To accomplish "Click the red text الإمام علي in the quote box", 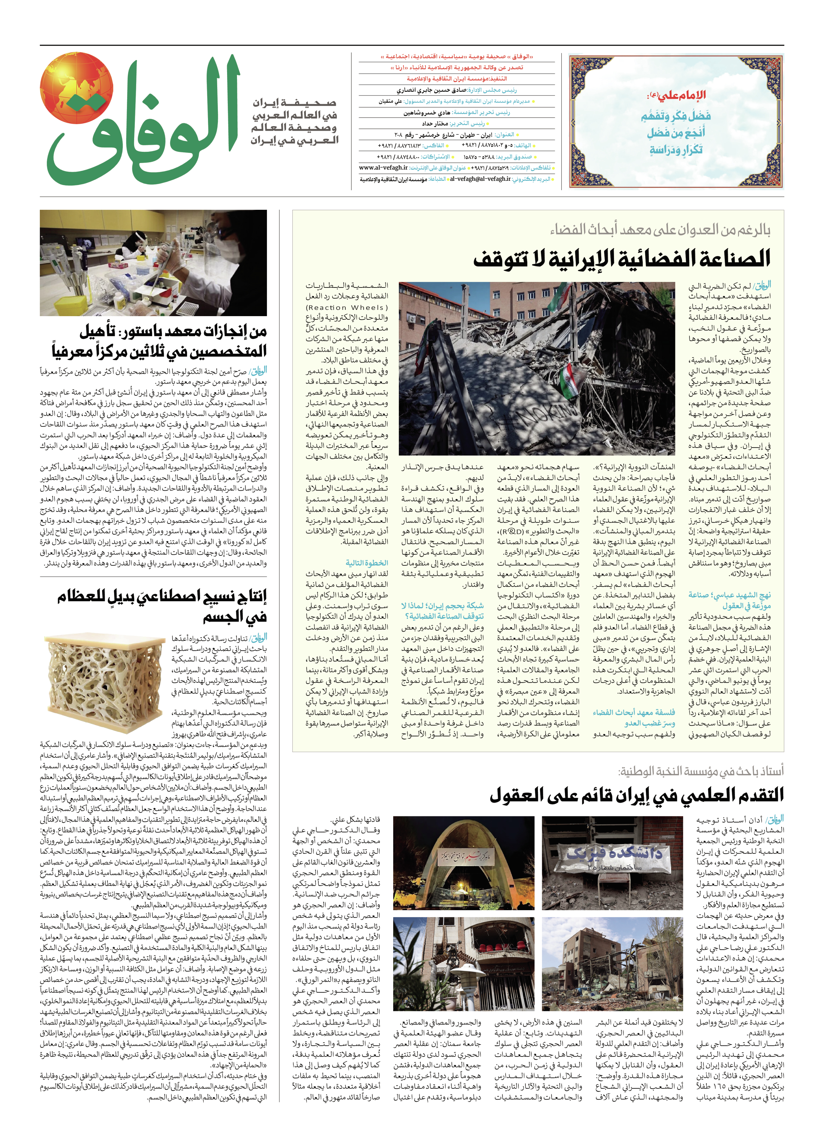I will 678,95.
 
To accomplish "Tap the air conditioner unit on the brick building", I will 413,318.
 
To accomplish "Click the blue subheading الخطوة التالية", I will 367,563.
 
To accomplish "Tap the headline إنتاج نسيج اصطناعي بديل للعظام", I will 161,607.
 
